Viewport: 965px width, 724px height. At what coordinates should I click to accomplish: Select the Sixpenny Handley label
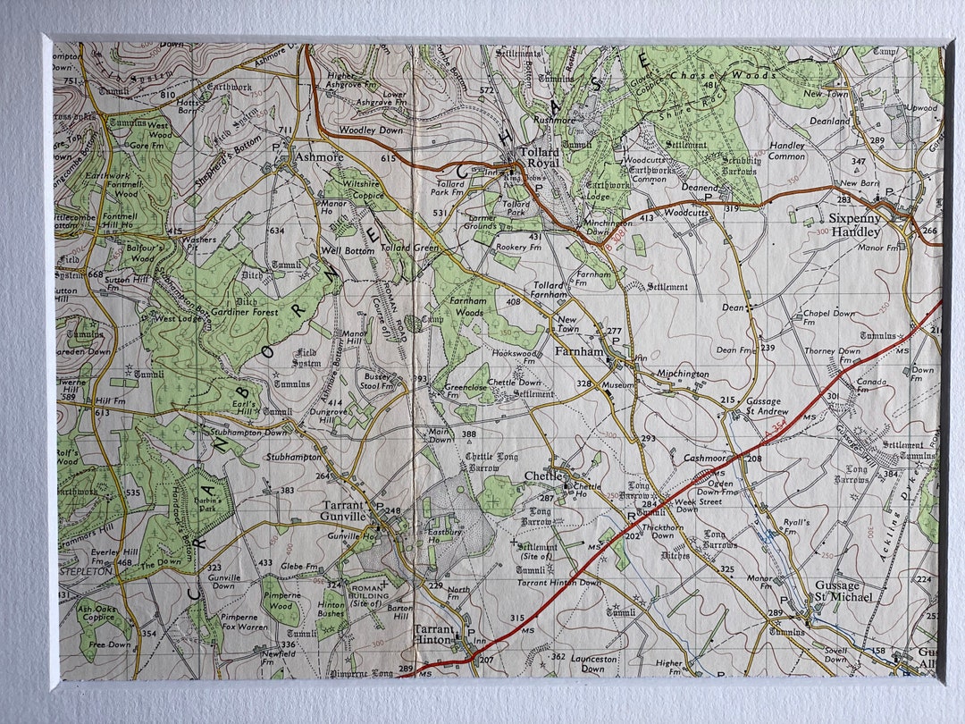(855, 224)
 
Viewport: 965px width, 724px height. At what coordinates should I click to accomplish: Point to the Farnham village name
(579, 352)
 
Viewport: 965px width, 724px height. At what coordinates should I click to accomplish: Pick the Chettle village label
(545, 476)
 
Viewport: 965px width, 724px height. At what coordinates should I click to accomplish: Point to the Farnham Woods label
(462, 307)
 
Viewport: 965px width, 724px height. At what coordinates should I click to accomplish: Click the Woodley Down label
(371, 130)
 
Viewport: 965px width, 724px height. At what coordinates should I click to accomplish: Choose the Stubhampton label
(293, 457)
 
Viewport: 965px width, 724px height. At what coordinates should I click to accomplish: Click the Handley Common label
(787, 150)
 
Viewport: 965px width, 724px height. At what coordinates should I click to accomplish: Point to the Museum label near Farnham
(617, 384)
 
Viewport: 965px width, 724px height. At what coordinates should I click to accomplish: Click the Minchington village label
(683, 374)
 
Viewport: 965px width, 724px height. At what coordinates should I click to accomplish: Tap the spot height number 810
(167, 94)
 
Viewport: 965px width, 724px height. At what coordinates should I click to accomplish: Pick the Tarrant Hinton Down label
(559, 582)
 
